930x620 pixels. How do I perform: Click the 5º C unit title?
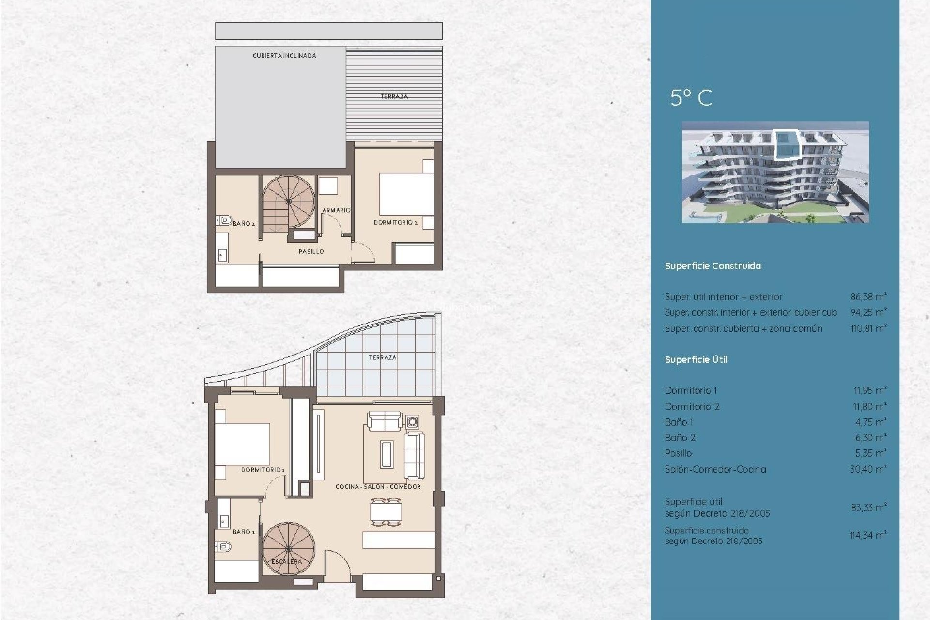[x=691, y=98]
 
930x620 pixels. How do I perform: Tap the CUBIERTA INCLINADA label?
[x=284, y=56]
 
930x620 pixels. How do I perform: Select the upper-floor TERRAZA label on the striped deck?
[x=394, y=96]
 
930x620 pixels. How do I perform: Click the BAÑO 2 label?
[x=244, y=224]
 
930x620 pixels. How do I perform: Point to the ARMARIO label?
[x=336, y=210]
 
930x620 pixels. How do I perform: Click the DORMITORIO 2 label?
[x=395, y=222]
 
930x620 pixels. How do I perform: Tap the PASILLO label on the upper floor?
[x=311, y=251]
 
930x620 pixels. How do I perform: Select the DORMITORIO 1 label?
[x=263, y=470]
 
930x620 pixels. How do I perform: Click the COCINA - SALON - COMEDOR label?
[x=378, y=487]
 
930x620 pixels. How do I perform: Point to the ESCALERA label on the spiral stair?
[x=287, y=561]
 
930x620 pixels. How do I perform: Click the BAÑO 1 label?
[x=244, y=532]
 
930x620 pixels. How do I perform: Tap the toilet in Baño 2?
[x=225, y=221]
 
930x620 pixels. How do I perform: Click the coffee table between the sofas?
[x=386, y=454]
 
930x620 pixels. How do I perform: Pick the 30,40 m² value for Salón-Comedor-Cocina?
[x=868, y=469]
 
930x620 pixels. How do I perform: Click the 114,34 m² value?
[x=868, y=535]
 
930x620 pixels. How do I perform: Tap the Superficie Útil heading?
[x=696, y=360]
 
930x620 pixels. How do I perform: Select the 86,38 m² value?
[x=868, y=297]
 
